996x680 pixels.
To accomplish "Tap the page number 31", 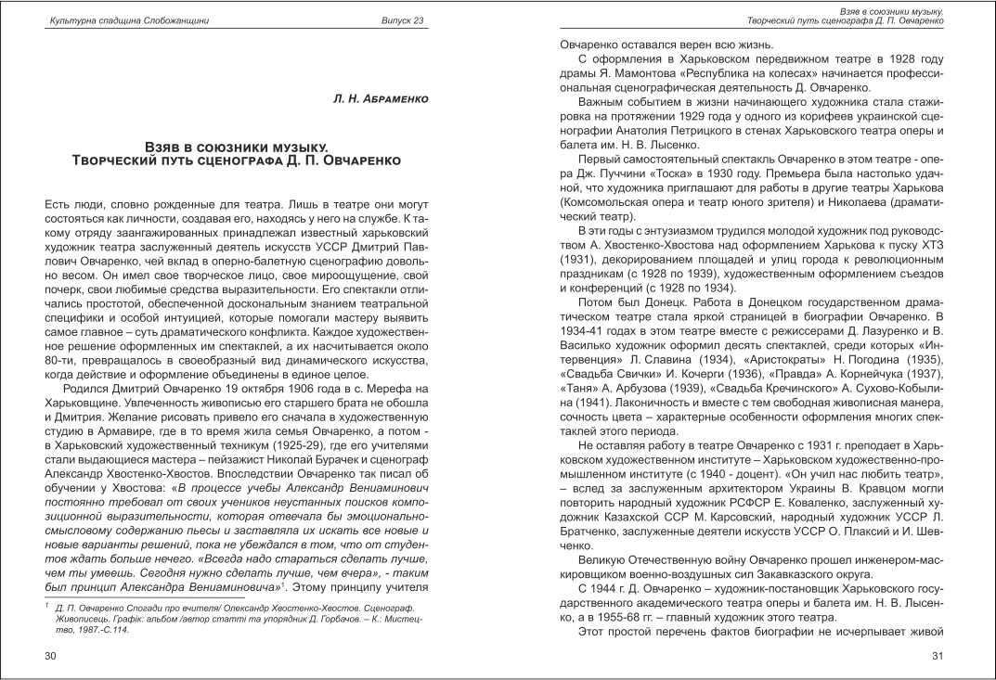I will pyautogui.click(x=938, y=657).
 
